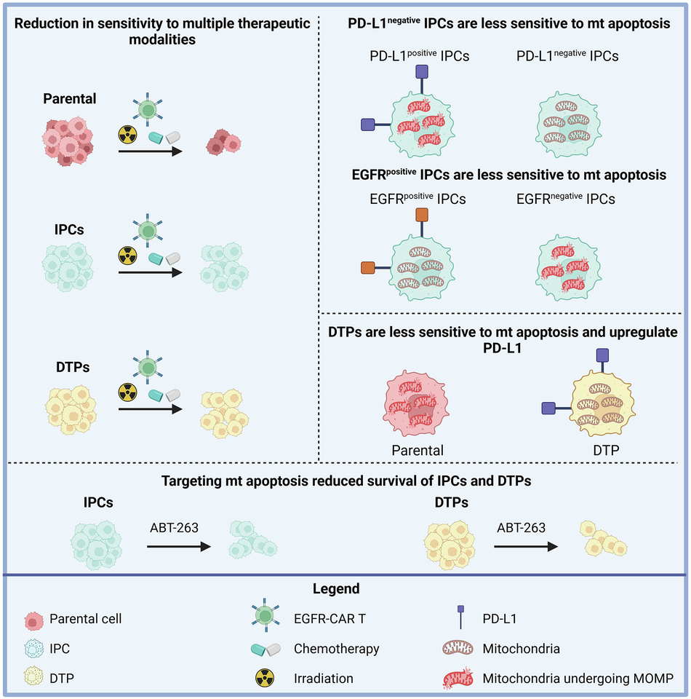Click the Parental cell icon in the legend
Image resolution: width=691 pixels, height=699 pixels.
[33, 620]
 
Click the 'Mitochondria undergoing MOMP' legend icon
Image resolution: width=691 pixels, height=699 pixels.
[460, 678]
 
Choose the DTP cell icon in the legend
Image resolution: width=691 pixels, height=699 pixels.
[33, 678]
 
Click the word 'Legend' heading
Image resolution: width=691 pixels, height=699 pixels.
[345, 588]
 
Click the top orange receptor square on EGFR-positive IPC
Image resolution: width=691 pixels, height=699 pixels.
[423, 216]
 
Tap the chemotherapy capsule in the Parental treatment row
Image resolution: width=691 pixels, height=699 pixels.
[164, 138]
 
